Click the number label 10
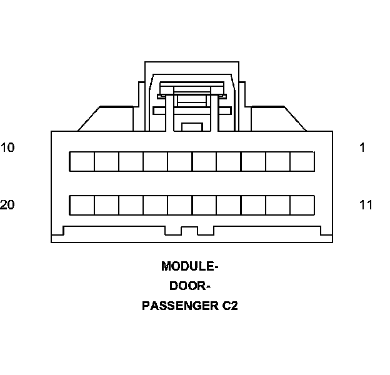pos(7,148)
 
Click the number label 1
pos(362,148)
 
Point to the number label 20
pos(7,205)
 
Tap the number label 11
pos(366,205)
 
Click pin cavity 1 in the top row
pos(302,161)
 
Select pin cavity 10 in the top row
pos(82,161)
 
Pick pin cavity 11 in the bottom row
pos(302,206)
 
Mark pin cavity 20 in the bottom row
pos(82,206)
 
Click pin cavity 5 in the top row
pos(204,161)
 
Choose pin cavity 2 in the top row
pos(277,161)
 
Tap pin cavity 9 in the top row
pos(106,161)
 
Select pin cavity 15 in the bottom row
pos(204,206)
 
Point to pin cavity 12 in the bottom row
pos(277,206)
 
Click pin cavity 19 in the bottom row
pos(106,206)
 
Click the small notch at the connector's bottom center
pos(189,231)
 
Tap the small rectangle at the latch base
pos(192,127)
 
